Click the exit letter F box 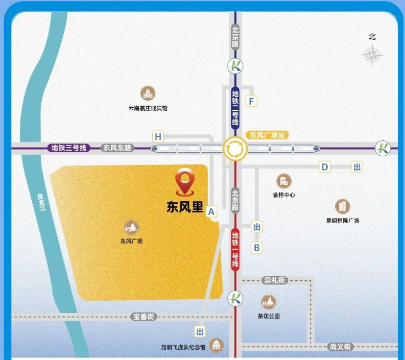click(x=251, y=101)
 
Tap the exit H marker click(x=158, y=136)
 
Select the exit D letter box click(x=325, y=166)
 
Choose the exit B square click(x=257, y=248)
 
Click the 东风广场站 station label click(x=268, y=135)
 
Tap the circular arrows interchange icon click(x=235, y=149)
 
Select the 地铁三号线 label click(x=68, y=148)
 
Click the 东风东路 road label click(x=117, y=148)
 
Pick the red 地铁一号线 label click(x=235, y=249)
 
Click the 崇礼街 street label click(x=275, y=280)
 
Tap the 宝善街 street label click(x=144, y=317)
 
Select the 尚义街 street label click(x=340, y=347)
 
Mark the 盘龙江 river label click(x=41, y=203)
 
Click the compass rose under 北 click(x=372, y=55)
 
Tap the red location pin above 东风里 click(x=184, y=182)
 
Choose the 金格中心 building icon click(x=283, y=181)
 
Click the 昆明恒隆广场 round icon click(x=343, y=207)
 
